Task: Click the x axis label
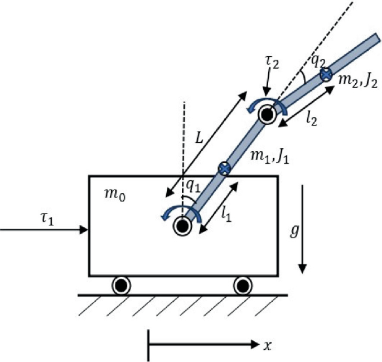[x=267, y=346]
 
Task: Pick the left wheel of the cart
[x=120, y=286]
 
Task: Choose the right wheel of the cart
[x=242, y=286]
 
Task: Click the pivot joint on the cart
[x=182, y=226]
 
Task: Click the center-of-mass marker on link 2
[x=325, y=74]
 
